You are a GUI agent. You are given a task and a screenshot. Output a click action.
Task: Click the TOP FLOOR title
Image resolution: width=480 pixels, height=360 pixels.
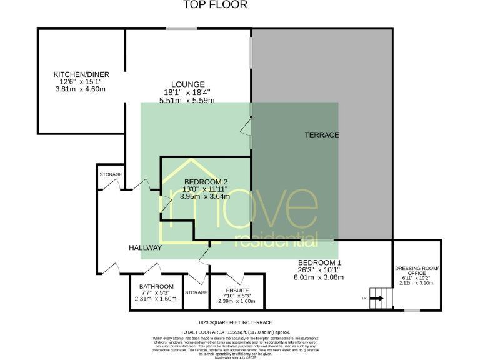pos(215,5)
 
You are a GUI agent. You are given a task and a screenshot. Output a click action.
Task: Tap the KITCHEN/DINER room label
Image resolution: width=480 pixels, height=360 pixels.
pos(80,74)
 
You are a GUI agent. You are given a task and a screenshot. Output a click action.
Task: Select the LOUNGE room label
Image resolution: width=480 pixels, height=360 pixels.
pos(188,84)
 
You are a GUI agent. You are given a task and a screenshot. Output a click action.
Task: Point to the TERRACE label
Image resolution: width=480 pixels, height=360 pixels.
pos(322,135)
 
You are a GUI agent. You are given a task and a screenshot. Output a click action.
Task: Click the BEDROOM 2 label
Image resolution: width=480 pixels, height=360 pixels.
pos(205,182)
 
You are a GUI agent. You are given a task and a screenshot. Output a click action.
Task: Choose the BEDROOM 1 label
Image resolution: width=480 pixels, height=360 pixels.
pos(319,262)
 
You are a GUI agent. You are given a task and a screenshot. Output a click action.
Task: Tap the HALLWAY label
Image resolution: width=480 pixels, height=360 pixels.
pos(146,248)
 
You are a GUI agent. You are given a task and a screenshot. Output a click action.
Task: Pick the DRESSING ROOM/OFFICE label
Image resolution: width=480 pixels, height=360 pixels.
pos(417,271)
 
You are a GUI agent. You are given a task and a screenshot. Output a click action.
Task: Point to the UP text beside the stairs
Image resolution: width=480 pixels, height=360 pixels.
pos(364,299)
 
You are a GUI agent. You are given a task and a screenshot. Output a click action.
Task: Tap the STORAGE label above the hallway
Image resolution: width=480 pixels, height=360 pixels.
pos(111,174)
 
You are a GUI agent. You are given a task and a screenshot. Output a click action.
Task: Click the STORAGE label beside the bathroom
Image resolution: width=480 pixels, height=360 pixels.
pos(196,292)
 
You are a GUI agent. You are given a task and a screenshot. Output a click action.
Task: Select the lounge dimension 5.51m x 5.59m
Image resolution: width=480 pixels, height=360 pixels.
pos(187,100)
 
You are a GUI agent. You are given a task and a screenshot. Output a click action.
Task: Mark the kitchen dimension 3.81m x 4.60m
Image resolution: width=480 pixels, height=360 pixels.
pos(80,89)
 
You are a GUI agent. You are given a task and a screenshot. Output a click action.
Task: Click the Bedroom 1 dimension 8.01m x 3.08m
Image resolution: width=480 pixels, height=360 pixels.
pos(319,277)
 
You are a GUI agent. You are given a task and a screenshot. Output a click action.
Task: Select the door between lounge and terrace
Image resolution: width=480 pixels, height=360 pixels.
pos(248,129)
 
